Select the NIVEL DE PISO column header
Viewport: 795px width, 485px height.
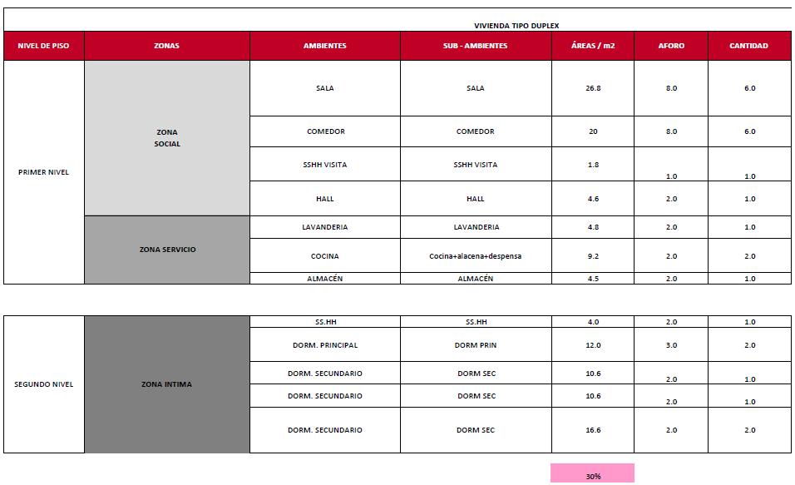(x=43, y=46)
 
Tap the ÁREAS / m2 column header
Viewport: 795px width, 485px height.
(x=592, y=46)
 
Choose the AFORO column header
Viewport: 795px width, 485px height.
(x=671, y=46)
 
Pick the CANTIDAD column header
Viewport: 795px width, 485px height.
(x=748, y=46)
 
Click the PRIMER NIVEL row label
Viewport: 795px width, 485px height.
(x=43, y=172)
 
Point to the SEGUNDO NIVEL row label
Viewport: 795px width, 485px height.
(x=43, y=384)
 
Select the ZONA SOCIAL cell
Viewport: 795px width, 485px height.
(x=166, y=138)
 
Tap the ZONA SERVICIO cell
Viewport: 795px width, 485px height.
(x=167, y=250)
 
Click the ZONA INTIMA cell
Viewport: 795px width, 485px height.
(x=166, y=384)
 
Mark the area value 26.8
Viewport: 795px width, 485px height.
(x=592, y=88)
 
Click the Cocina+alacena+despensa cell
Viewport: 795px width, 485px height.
(x=475, y=256)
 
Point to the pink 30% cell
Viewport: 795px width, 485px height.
(x=592, y=476)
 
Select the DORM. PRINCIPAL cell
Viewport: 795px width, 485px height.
(x=324, y=345)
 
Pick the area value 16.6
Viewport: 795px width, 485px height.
(x=592, y=430)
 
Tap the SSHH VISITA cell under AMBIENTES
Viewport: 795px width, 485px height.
(x=324, y=165)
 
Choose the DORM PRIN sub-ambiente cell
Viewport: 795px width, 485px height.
(x=475, y=345)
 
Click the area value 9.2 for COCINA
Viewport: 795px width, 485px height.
(x=592, y=256)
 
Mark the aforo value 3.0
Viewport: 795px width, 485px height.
(x=671, y=345)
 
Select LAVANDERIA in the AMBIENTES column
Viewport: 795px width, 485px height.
(x=324, y=227)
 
